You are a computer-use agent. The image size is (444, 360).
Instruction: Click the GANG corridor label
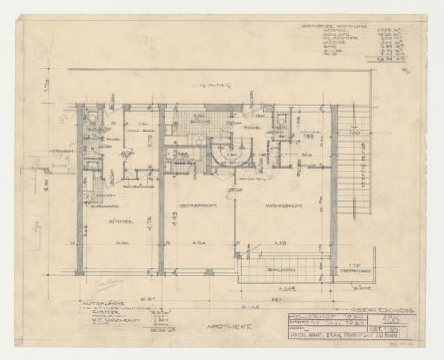(x=210, y=84)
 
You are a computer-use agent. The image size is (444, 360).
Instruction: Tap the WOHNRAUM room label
(x=281, y=205)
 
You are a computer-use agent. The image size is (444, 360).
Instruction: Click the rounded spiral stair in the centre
(x=226, y=153)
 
